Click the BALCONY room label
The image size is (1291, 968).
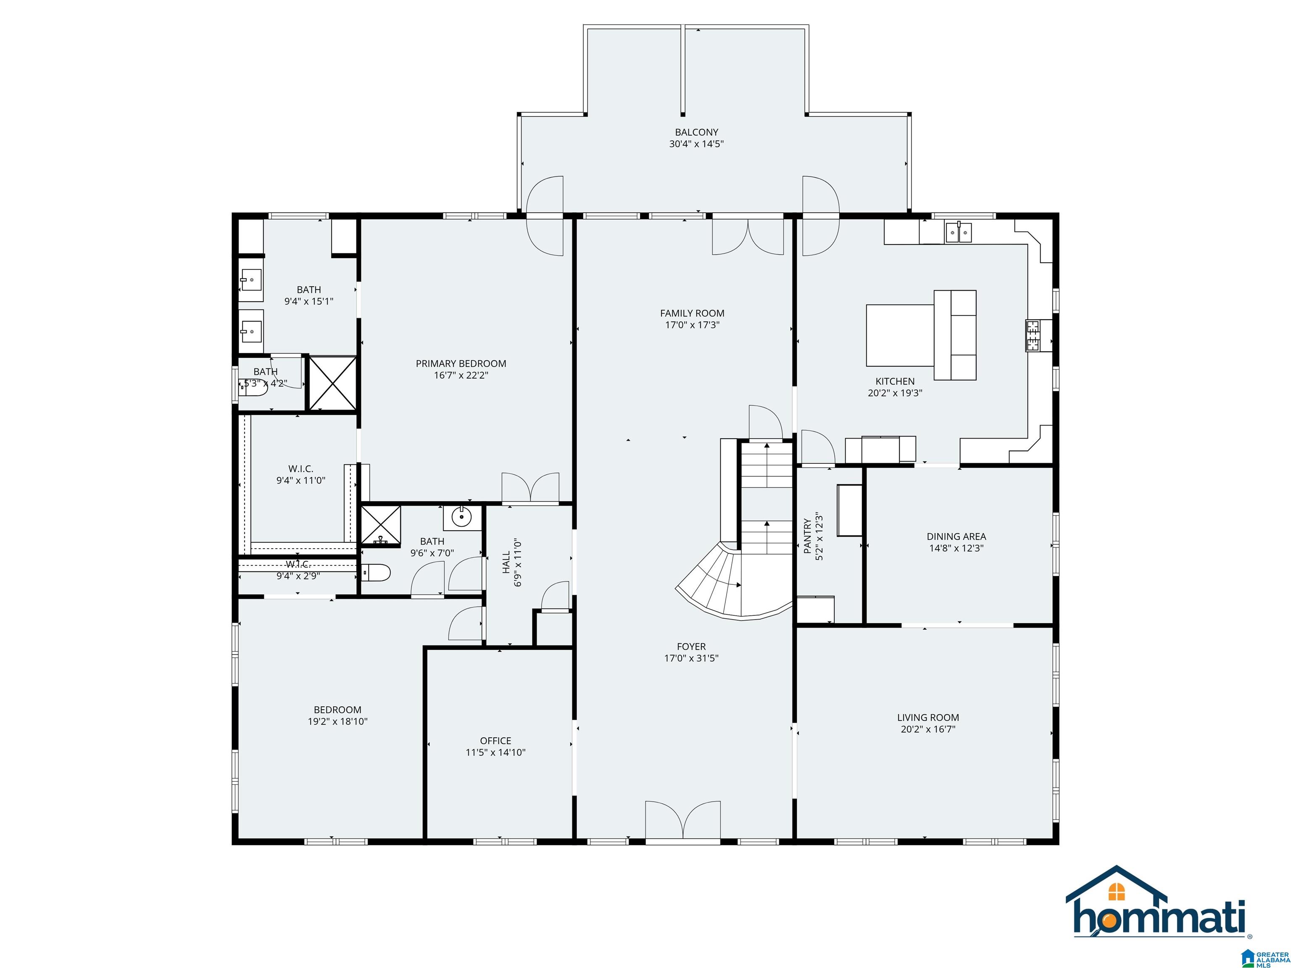click(x=696, y=132)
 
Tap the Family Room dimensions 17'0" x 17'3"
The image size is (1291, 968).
click(x=692, y=325)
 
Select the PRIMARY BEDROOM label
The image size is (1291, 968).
click(x=461, y=363)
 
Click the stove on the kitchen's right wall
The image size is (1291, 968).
click(x=1033, y=336)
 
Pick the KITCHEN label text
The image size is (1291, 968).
click(x=895, y=381)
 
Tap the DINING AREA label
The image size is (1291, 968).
click(x=956, y=536)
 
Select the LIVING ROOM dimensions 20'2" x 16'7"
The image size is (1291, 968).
click(x=928, y=729)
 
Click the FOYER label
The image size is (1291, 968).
click(x=692, y=647)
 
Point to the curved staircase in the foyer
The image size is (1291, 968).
click(x=734, y=579)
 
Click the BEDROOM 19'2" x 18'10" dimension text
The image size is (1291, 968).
click(x=338, y=721)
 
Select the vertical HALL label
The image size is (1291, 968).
click(x=506, y=563)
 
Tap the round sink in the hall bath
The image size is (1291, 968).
click(x=462, y=516)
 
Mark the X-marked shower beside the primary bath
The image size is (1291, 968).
click(x=332, y=383)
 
